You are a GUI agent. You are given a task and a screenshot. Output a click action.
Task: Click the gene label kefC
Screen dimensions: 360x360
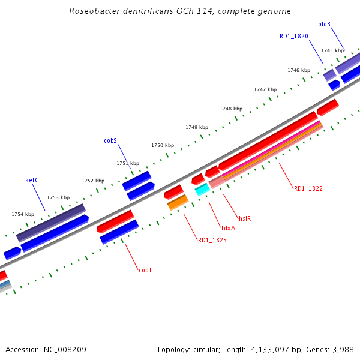click(32, 180)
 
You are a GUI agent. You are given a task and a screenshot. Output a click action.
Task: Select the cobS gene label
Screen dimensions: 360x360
click(110, 141)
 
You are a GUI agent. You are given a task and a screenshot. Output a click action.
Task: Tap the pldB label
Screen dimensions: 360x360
click(324, 25)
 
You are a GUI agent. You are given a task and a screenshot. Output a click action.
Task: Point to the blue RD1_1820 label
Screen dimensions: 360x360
click(294, 37)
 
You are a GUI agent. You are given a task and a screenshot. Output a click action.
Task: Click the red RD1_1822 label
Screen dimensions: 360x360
click(308, 188)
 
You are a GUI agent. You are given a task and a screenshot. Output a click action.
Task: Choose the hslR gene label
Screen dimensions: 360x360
click(245, 218)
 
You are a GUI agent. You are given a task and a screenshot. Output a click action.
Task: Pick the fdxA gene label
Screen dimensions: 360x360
click(227, 228)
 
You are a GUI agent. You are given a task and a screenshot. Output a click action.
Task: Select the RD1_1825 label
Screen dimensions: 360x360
click(212, 241)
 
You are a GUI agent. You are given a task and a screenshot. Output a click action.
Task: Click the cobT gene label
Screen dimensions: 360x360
click(145, 270)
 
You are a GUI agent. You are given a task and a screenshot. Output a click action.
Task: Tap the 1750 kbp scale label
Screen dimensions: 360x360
click(162, 146)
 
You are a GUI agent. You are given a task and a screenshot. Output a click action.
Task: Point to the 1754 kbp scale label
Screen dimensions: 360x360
click(23, 214)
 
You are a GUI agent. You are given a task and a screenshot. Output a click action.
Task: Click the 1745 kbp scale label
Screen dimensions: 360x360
click(332, 51)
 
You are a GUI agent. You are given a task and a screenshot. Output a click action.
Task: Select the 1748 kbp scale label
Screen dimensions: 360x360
click(231, 109)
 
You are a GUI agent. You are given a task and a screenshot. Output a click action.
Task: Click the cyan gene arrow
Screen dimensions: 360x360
click(202, 190)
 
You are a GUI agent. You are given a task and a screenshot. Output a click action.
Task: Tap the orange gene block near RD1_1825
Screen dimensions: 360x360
click(178, 202)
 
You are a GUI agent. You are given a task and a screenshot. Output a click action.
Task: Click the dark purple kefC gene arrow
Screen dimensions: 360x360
click(51, 223)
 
